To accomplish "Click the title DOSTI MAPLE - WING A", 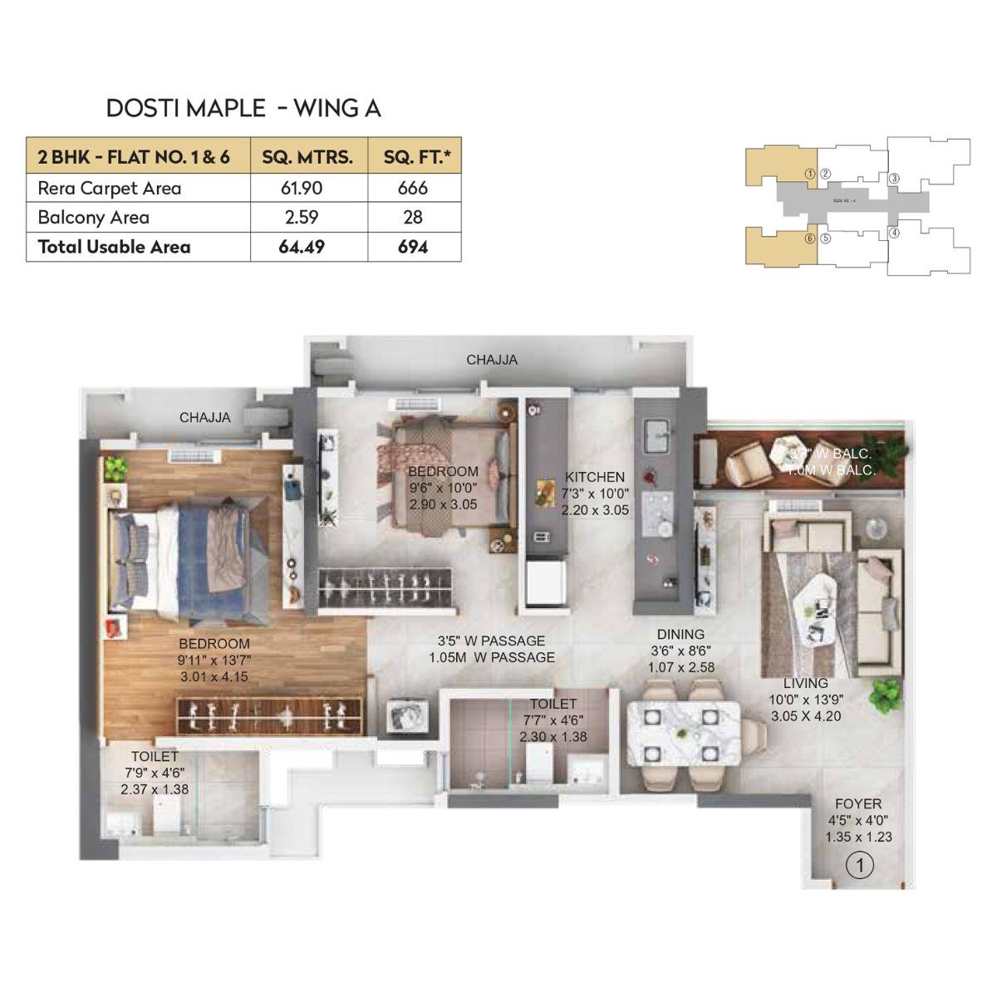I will click(243, 108).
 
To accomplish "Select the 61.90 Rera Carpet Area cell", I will click(301, 188).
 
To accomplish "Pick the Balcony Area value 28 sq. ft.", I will click(412, 218).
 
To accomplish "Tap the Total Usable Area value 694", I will click(412, 247).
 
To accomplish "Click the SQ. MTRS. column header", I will click(307, 156).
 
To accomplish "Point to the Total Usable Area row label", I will click(114, 247).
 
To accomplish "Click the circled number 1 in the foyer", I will click(859, 866).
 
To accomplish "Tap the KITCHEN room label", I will click(595, 477).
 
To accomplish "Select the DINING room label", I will click(680, 634).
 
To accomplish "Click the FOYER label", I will click(858, 804).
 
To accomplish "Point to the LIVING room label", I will click(805, 683).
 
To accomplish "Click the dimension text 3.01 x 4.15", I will click(214, 676).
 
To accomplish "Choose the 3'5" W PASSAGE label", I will click(492, 641).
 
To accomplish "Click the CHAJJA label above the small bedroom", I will click(491, 360).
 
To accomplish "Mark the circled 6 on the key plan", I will click(809, 238).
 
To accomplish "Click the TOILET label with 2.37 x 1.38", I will click(155, 756).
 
